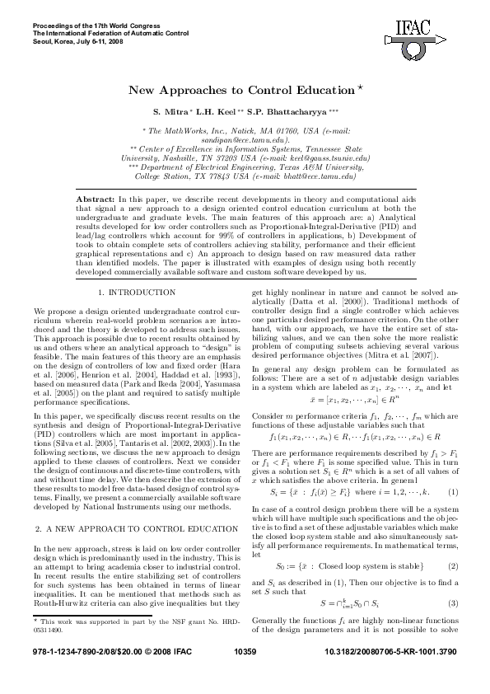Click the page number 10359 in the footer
tap(245, 673)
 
